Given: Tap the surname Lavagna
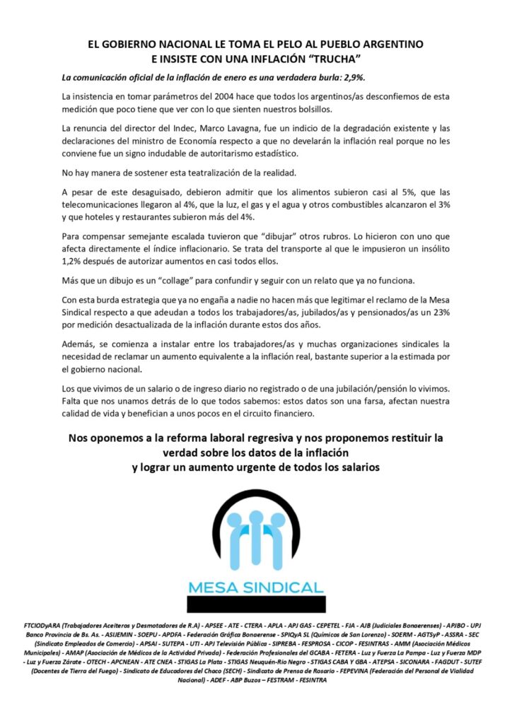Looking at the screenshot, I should (x=239, y=128).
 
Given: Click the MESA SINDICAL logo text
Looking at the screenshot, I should (x=255, y=586).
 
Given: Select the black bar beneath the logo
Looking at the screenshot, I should (x=255, y=604).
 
